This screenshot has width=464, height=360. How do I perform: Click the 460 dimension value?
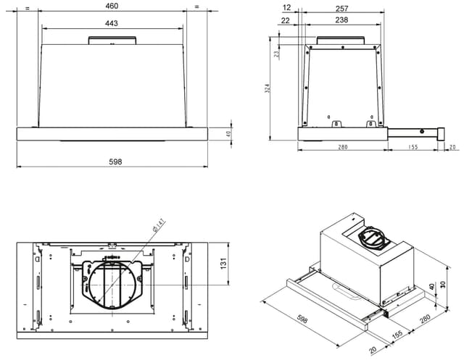pos(112,6)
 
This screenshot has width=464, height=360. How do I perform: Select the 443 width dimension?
pos(111,23)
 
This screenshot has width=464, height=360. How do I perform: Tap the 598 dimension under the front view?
pos(115,162)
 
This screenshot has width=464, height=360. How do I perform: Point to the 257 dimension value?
pos(341,9)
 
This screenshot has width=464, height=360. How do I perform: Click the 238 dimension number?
pos(341,20)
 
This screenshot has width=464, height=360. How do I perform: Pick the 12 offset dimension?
pos(287,7)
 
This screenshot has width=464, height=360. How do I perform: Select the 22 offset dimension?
pos(286,20)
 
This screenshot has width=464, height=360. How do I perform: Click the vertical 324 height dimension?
pos(268,88)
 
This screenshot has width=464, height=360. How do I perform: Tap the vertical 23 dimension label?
pos(276,54)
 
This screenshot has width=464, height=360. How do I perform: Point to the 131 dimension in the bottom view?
pos(223,264)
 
